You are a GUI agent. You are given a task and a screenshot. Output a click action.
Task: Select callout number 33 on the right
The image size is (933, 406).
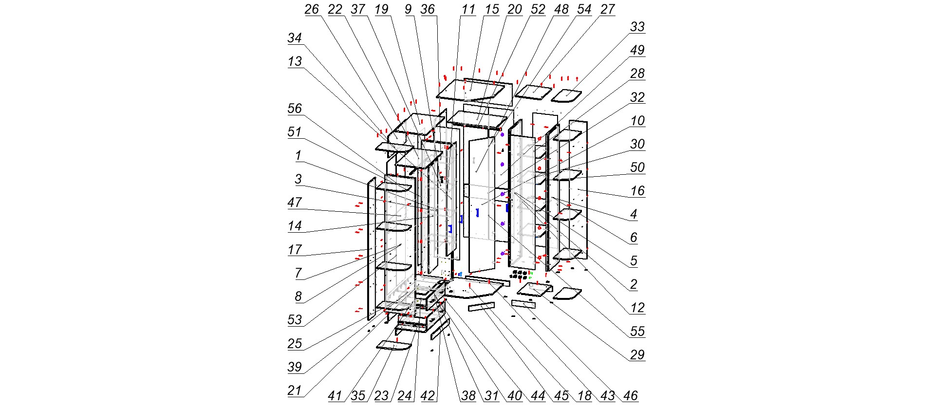pos(637,27)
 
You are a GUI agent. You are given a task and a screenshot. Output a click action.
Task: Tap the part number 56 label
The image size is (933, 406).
pos(295,108)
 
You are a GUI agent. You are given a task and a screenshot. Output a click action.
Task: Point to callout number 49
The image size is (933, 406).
pos(637,50)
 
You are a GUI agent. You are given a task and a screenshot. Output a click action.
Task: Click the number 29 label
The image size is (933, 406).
pos(637,355)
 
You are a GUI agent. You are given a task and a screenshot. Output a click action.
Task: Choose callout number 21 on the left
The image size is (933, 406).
pos(295,390)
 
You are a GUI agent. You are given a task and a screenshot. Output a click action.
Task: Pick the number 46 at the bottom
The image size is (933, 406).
pos(631,396)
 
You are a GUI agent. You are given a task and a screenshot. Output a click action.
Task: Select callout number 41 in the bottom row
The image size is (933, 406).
pos(335,396)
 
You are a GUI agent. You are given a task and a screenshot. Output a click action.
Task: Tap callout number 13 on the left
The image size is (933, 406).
pos(295,61)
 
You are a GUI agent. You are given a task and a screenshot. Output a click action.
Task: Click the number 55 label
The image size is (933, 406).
pos(637,332)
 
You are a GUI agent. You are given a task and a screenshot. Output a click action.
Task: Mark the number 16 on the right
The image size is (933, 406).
pos(637,191)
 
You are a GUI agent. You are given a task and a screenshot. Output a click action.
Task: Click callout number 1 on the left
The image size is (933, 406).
pos(298,155)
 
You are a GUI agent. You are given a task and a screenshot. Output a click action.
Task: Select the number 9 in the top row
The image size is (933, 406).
pos(408,9)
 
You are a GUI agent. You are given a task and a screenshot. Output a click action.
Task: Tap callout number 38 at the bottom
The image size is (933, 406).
pos(468,396)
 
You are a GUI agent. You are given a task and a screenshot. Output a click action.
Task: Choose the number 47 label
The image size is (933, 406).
pos(295,202)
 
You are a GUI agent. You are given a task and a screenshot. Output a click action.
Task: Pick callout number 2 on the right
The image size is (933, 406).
pos(633,284)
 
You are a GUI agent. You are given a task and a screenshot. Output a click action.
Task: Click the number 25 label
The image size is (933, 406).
pos(295,343)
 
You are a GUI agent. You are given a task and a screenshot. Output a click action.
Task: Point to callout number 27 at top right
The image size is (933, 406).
pos(607,9)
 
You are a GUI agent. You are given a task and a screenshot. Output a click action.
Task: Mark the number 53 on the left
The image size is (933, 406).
pos(295,320)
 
